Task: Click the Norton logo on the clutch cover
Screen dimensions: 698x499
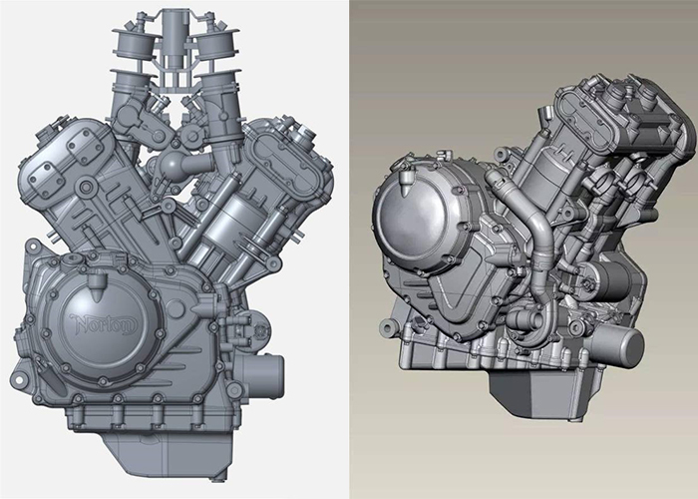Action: click(x=104, y=324)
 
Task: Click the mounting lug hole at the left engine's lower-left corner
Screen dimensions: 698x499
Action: click(x=19, y=379)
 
